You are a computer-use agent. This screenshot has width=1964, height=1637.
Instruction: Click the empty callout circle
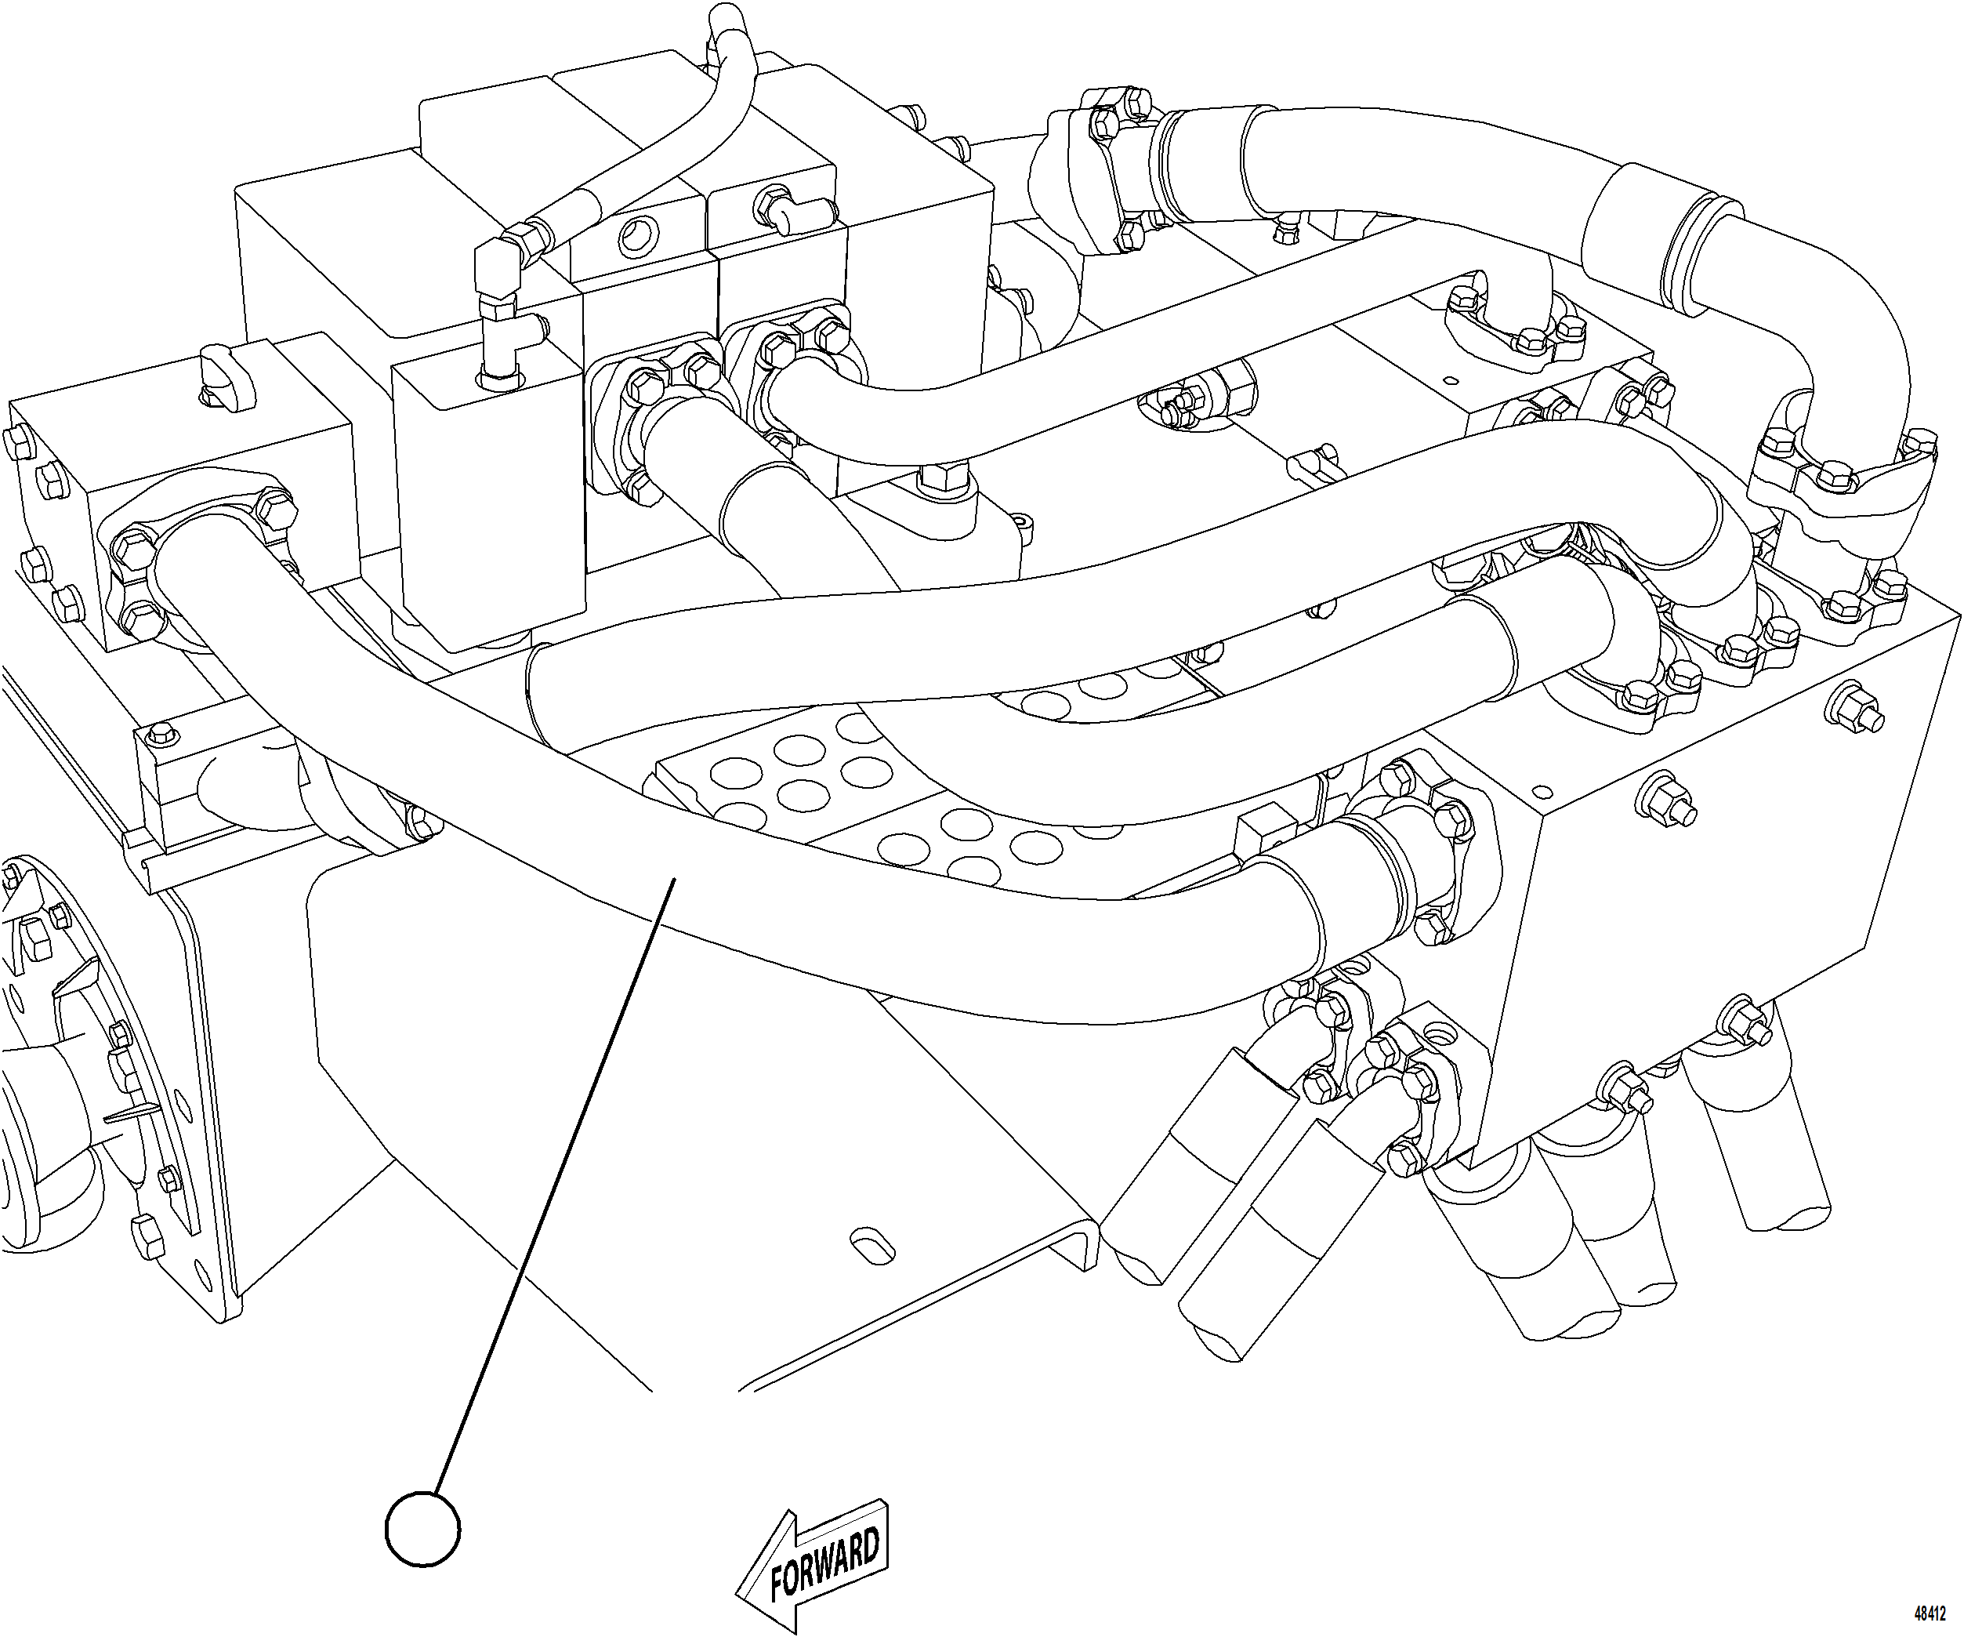click(422, 1529)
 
